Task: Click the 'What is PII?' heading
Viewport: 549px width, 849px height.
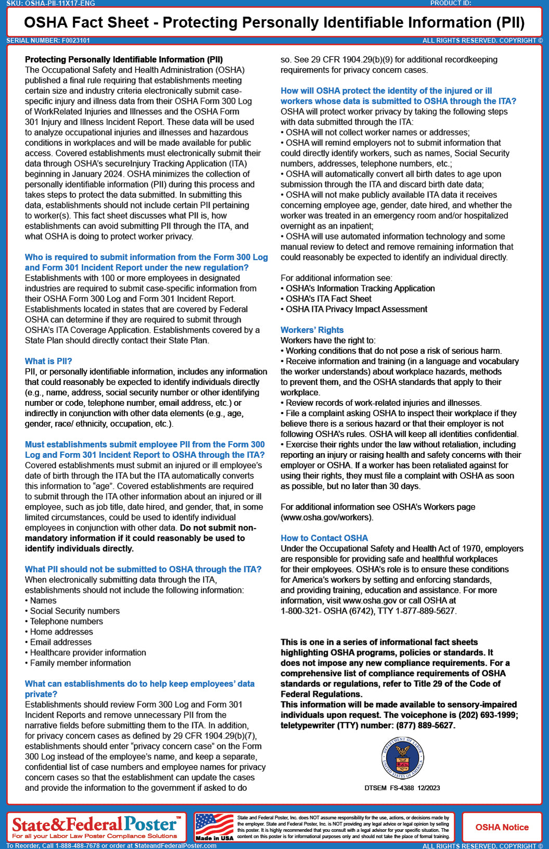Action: coord(48,361)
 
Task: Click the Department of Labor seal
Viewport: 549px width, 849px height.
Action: coord(402,758)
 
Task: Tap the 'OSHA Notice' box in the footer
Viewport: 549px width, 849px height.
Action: coord(502,827)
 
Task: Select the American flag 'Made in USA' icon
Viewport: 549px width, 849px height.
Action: coord(214,827)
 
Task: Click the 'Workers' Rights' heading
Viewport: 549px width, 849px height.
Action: coord(312,330)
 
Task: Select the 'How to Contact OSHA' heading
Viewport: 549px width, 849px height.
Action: coord(324,538)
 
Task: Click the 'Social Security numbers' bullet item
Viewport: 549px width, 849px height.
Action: coord(74,611)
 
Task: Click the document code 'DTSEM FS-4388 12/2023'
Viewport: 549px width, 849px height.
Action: coord(402,788)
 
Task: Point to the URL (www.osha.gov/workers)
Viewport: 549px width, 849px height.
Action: coord(327,517)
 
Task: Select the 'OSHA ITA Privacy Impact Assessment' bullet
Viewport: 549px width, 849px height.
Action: coord(356,309)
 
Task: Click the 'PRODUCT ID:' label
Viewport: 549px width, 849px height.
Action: coord(451,3)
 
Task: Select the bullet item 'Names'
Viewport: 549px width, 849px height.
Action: coord(43,601)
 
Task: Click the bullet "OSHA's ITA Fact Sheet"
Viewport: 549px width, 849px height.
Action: coord(328,298)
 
